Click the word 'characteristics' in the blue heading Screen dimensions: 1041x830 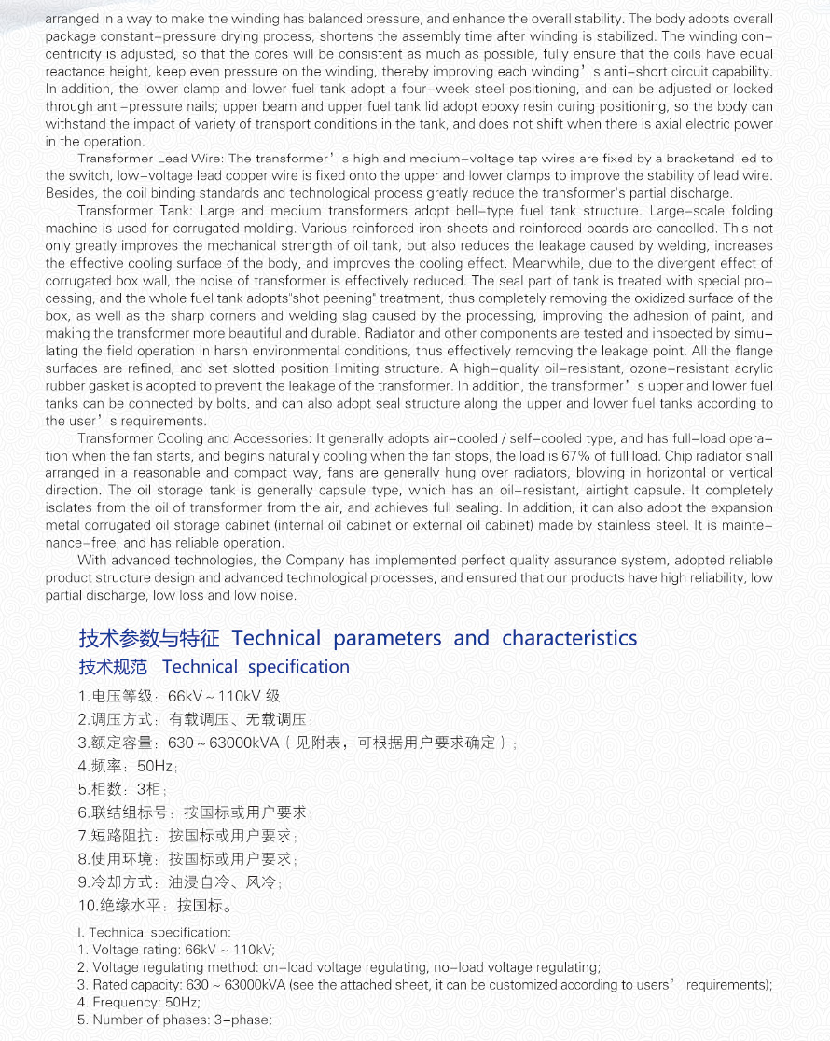(569, 638)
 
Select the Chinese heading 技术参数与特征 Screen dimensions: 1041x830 (149, 638)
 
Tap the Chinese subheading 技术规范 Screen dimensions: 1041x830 (113, 667)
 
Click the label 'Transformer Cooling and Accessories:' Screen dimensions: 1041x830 (195, 438)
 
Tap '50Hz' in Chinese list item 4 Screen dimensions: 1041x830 (155, 766)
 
